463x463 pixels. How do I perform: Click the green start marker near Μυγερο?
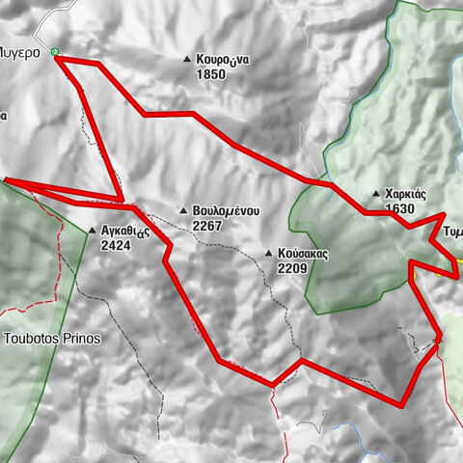click(x=57, y=54)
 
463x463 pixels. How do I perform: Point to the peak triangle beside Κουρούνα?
click(x=187, y=60)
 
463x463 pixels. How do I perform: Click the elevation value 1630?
click(x=398, y=208)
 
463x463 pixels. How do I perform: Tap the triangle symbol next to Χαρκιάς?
click(x=376, y=194)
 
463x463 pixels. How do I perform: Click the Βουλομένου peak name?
click(x=226, y=211)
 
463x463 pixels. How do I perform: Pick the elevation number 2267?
click(x=207, y=226)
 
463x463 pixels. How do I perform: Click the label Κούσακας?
click(x=303, y=255)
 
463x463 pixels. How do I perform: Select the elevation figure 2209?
click(x=290, y=269)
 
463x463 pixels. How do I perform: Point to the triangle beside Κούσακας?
click(x=268, y=255)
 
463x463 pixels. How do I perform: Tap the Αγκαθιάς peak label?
click(x=123, y=231)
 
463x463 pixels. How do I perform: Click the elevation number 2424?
click(x=116, y=245)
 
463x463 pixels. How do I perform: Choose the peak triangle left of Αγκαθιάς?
click(x=93, y=231)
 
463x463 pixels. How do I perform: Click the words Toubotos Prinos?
click(x=52, y=340)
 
